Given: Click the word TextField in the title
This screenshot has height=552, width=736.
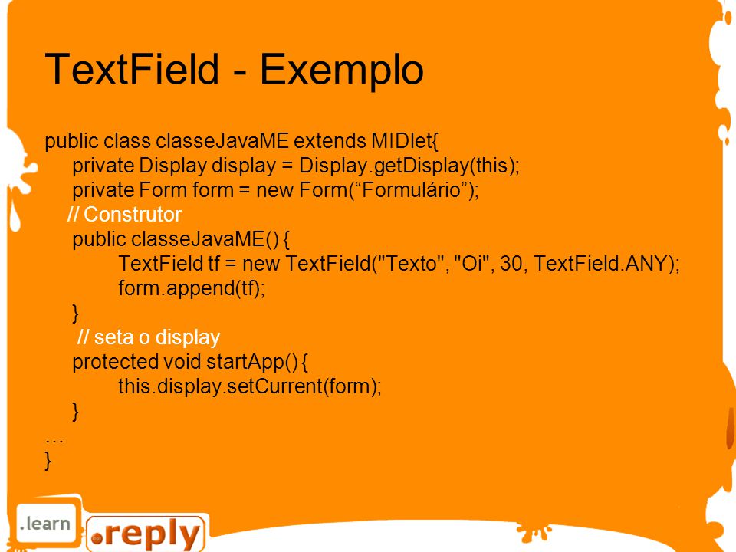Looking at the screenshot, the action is [133, 68].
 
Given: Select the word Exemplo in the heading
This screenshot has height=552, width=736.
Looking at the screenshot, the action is [342, 70].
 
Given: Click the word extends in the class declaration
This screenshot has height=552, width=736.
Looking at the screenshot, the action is [330, 141].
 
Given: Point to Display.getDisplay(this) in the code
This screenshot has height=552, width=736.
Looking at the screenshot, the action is [409, 166].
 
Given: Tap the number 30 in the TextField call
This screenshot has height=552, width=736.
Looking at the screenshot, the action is [511, 263].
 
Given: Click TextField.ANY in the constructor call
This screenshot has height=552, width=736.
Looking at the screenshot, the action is [601, 263].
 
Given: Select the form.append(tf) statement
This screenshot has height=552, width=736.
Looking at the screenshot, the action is [192, 288].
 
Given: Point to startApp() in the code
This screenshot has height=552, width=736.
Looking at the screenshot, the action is [251, 362].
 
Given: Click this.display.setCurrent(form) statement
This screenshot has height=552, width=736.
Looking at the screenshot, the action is [250, 386].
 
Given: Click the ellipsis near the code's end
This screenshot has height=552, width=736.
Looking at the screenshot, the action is [54, 441].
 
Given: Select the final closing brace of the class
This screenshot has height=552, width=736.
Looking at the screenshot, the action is [48, 460].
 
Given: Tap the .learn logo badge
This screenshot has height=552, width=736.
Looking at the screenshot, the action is [45, 524].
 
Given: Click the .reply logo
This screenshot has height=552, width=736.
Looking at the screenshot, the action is [146, 534].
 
